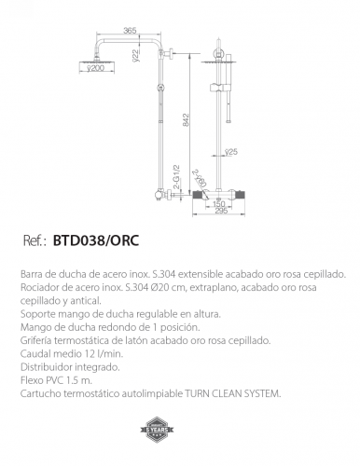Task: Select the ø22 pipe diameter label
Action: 134,58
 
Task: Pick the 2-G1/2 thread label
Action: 174,178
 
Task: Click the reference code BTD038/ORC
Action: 95,240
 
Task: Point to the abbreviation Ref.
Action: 35,240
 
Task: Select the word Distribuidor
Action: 42,368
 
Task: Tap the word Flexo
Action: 30,381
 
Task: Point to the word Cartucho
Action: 37,394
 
